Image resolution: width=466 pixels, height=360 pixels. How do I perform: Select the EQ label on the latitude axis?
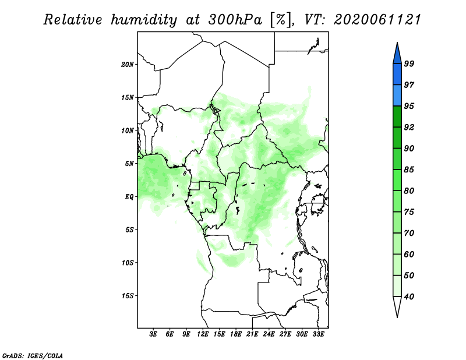(x=130, y=196)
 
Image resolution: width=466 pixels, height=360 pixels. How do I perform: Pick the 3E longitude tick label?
(x=154, y=334)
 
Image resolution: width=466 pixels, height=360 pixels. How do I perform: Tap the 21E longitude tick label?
(x=252, y=334)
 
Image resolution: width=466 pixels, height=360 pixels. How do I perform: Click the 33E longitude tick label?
(x=318, y=334)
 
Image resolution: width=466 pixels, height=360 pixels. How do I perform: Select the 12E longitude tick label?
(x=203, y=334)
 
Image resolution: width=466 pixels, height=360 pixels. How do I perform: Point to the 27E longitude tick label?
(x=285, y=334)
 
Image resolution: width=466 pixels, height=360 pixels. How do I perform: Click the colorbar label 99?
(x=409, y=63)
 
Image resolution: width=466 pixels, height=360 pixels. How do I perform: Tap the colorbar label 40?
(x=409, y=297)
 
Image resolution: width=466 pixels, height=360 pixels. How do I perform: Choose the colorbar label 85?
(x=409, y=170)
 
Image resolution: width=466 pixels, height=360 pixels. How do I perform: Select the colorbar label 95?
(x=409, y=106)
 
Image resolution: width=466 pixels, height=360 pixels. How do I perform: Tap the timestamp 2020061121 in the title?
(x=377, y=19)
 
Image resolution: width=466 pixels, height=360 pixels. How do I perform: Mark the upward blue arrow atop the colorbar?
(x=397, y=52)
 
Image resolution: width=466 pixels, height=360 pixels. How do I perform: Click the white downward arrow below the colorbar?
(x=397, y=306)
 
